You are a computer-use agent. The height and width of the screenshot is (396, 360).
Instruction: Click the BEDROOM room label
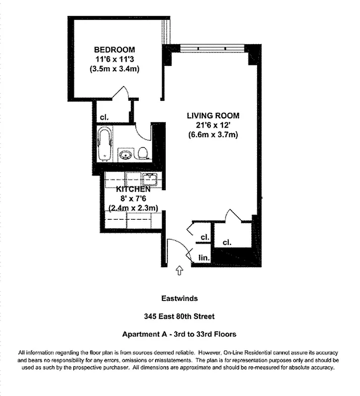click(114, 50)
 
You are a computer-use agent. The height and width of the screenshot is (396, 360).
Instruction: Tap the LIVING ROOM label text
click(212, 116)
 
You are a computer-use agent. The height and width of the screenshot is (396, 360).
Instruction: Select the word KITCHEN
click(133, 190)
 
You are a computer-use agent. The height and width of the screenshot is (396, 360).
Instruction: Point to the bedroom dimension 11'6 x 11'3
click(114, 59)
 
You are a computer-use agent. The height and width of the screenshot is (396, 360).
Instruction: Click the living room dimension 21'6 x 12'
click(212, 125)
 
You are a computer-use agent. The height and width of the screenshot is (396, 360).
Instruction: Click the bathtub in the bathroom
click(105, 144)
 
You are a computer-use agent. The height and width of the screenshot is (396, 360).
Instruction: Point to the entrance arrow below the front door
click(179, 270)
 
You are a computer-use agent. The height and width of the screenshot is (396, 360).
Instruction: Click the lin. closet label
click(204, 258)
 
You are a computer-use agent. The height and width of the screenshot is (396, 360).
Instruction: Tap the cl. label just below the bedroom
click(104, 118)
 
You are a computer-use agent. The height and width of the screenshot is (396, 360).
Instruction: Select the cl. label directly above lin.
click(205, 238)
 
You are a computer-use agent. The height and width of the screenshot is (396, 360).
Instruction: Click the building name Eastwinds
click(179, 298)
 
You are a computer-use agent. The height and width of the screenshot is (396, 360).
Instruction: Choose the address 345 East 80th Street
click(179, 316)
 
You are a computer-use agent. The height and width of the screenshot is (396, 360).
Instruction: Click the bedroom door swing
click(120, 94)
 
